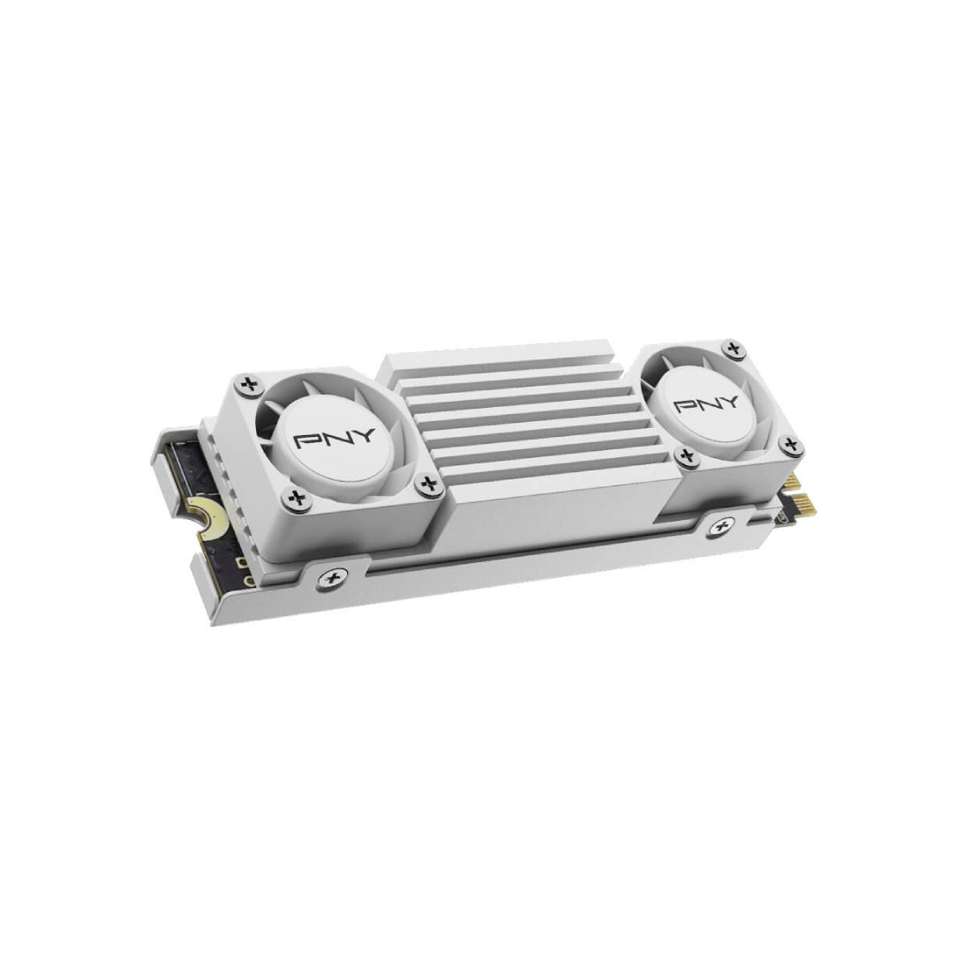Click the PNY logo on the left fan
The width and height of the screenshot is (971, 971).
(x=335, y=439)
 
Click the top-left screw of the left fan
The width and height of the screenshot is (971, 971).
(x=251, y=384)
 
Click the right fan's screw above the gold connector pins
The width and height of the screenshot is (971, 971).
(x=789, y=444)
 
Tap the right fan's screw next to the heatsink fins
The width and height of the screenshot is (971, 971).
(x=686, y=457)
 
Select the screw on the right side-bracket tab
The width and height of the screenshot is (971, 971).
(x=721, y=527)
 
